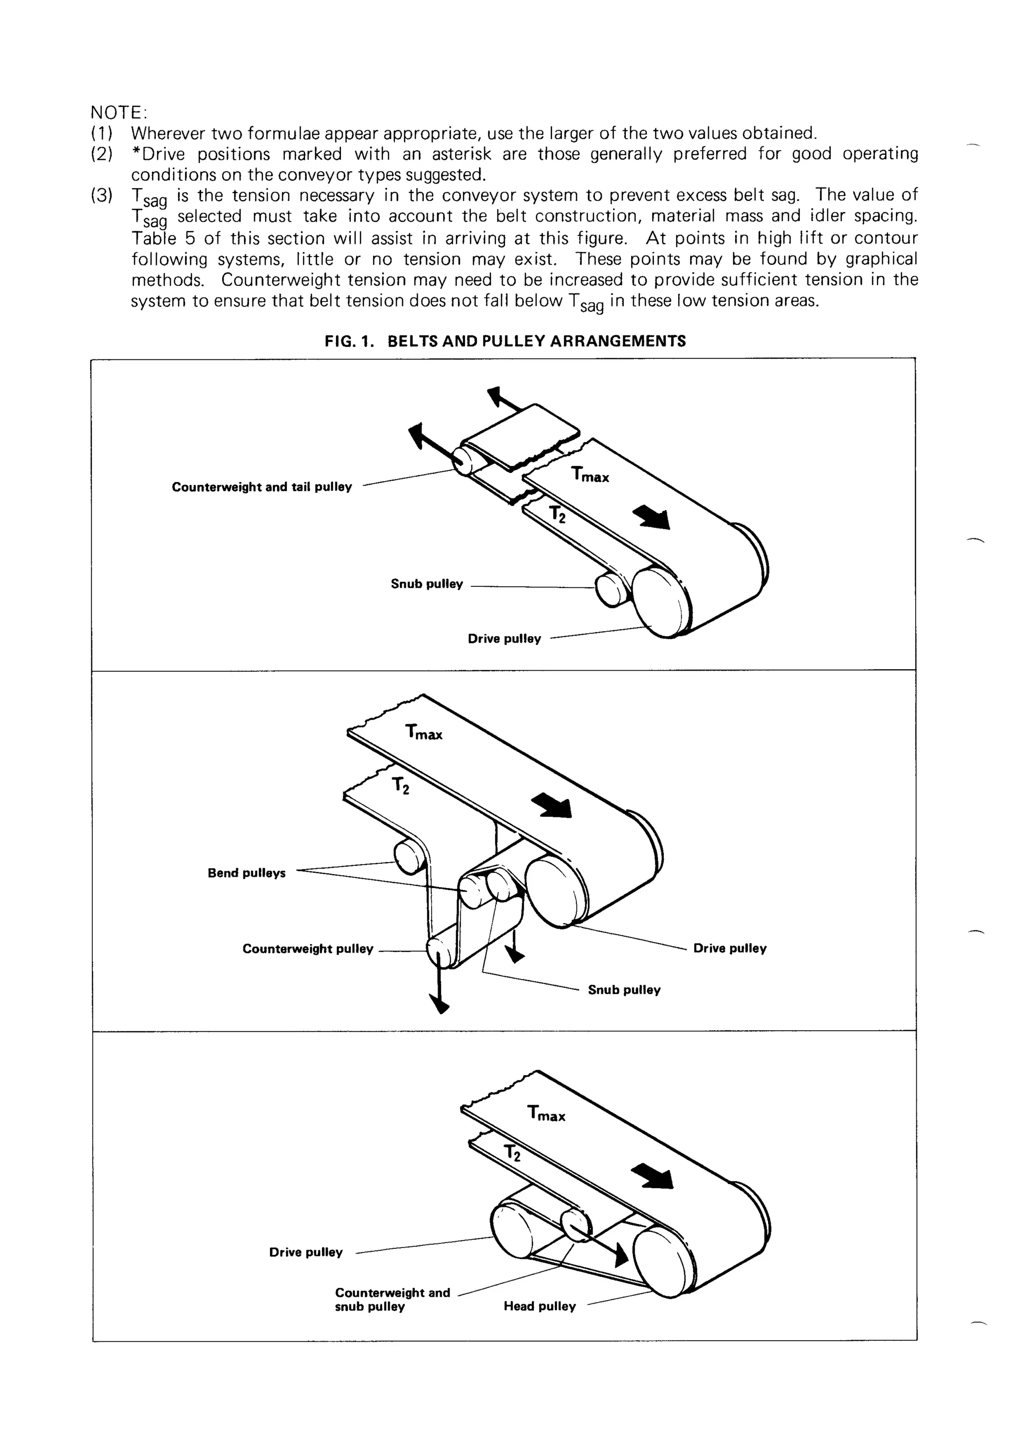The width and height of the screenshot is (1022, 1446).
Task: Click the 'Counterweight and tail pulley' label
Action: tap(261, 487)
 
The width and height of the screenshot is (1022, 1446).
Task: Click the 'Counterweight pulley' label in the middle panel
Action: tap(307, 949)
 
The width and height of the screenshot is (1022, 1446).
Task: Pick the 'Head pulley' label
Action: tap(539, 1306)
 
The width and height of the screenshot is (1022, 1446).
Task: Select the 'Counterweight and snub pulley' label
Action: tap(392, 1299)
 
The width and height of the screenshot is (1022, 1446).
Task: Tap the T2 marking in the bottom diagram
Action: tap(512, 1153)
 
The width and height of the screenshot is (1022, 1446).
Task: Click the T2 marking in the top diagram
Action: tap(557, 514)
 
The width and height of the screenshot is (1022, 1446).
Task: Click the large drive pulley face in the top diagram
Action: tap(661, 601)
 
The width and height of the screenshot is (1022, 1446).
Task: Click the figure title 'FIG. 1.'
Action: tap(349, 341)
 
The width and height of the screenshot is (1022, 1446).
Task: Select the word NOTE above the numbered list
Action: tap(118, 113)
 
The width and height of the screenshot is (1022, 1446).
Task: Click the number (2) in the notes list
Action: tap(102, 154)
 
